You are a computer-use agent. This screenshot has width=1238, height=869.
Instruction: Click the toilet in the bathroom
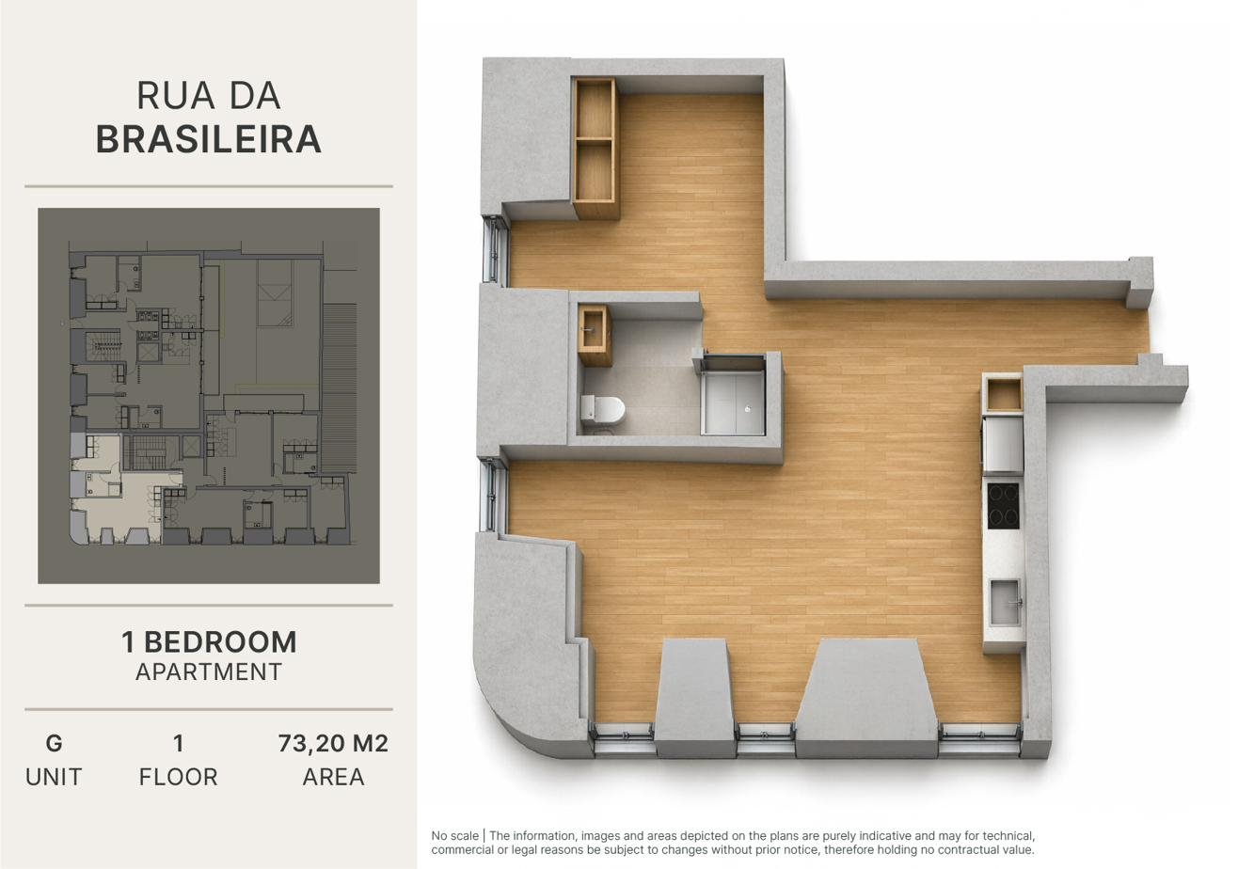[x=602, y=410]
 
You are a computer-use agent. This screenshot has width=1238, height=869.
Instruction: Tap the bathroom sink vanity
[x=595, y=336]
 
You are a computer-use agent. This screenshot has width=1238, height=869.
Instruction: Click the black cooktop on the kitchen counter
[x=1003, y=505]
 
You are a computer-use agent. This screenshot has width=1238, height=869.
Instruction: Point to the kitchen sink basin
[x=1004, y=602]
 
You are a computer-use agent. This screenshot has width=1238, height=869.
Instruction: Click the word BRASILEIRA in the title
[x=208, y=139]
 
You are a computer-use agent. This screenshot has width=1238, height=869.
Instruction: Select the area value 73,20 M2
[x=333, y=744]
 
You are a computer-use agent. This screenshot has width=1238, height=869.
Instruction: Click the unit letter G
[x=54, y=744]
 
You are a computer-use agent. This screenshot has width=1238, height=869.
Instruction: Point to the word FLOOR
[x=178, y=777]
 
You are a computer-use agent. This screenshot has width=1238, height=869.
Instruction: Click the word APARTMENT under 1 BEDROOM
[x=209, y=672]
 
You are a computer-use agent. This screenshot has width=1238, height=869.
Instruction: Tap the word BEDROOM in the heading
[x=220, y=642]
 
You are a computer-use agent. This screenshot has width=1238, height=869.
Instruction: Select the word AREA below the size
[x=333, y=777]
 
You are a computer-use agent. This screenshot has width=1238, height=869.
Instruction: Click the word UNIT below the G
[x=54, y=777]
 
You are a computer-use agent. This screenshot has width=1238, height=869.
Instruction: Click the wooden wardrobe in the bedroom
[x=595, y=147]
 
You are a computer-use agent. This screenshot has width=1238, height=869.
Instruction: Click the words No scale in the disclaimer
[x=454, y=836]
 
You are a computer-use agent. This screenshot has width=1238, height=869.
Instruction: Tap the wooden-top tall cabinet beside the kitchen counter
[x=1004, y=395]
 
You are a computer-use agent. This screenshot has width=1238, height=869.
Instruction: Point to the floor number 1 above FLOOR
[x=178, y=744]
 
